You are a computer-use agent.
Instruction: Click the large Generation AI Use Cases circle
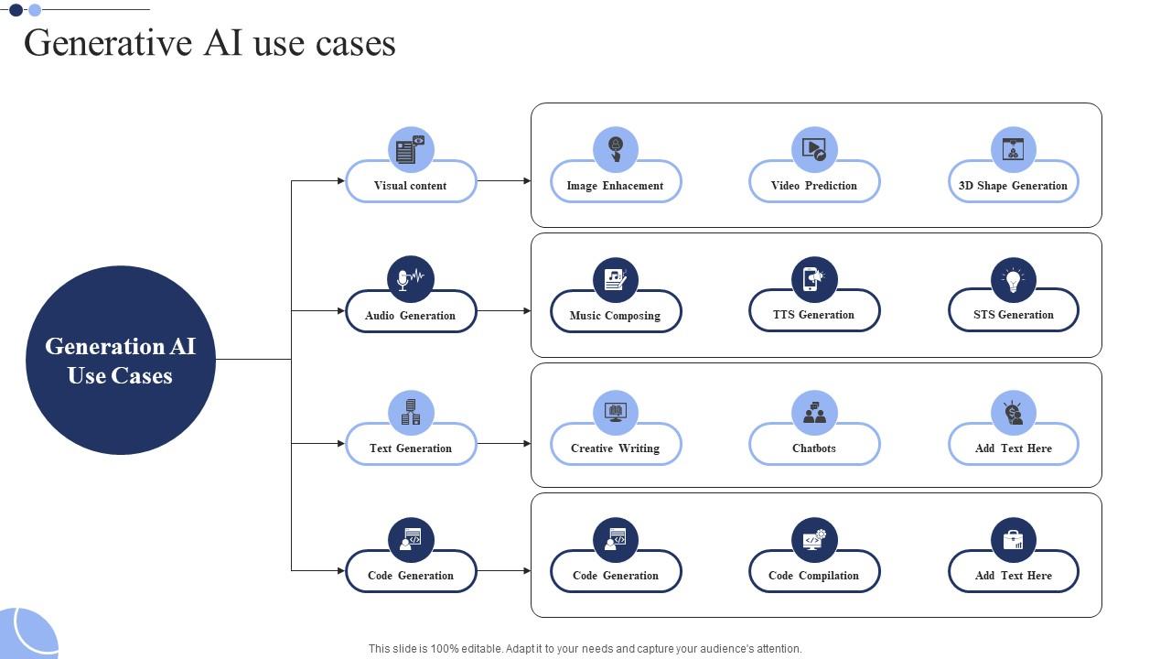click(x=121, y=360)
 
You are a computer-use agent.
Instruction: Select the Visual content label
click(x=411, y=186)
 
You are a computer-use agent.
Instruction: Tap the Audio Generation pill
click(x=411, y=316)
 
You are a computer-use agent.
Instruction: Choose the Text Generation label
click(x=411, y=448)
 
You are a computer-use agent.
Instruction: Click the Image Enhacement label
click(x=615, y=186)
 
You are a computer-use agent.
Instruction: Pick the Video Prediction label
click(x=814, y=186)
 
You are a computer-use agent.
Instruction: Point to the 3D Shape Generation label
click(x=1013, y=186)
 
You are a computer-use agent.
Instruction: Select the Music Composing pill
click(x=615, y=316)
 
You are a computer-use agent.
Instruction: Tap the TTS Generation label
click(x=814, y=315)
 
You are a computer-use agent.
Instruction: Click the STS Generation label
click(x=1013, y=315)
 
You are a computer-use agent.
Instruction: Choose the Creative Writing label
click(x=615, y=448)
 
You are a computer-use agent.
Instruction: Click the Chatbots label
click(x=814, y=448)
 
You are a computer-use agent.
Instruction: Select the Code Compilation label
click(x=814, y=576)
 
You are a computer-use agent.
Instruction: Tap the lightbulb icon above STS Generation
click(x=1013, y=279)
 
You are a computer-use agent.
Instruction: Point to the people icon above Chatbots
click(x=814, y=413)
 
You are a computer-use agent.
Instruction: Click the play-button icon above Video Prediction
click(x=814, y=149)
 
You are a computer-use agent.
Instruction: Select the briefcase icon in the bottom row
click(x=1013, y=540)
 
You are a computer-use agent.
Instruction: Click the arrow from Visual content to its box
click(x=503, y=181)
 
